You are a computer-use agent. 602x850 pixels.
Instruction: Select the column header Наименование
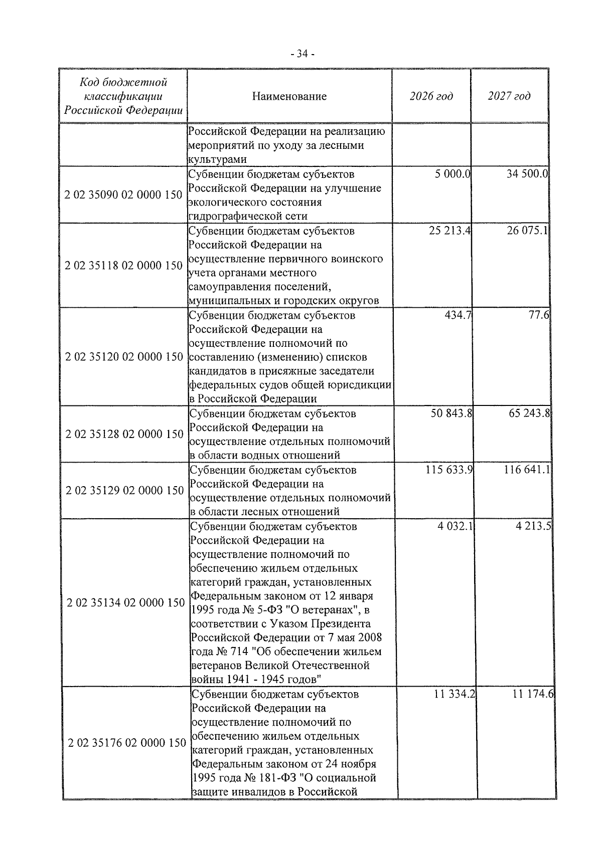coord(289,96)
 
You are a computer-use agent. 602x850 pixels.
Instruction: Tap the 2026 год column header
coord(431,96)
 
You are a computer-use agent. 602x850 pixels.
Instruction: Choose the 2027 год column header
coord(509,96)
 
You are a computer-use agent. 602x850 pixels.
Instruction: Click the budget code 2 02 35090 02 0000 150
coord(123,195)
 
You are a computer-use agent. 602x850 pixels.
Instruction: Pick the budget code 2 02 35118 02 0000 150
coord(123,266)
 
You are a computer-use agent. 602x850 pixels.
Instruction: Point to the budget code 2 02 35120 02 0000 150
coord(124,357)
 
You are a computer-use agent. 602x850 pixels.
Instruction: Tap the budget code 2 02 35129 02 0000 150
coord(124,491)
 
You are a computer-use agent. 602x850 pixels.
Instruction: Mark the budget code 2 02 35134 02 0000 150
coord(125,603)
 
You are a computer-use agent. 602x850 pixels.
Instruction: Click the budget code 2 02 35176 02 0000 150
coord(127,743)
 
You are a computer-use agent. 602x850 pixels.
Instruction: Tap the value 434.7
coord(458,315)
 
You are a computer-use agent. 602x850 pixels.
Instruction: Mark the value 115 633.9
coord(449,470)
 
